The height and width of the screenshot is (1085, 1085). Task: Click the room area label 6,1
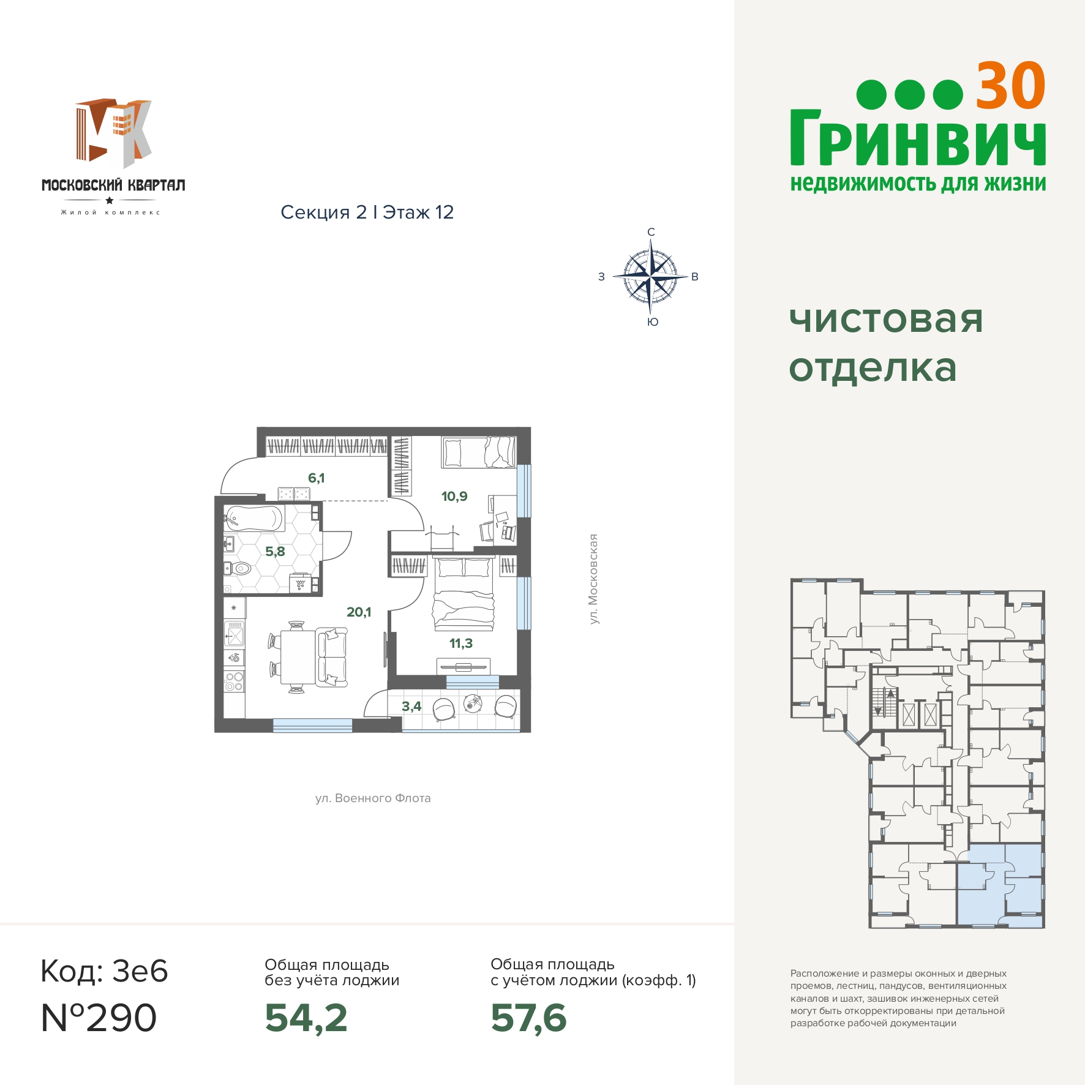click(x=316, y=478)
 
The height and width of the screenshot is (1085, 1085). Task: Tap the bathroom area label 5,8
click(x=275, y=551)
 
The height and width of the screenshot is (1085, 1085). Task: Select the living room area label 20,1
click(x=359, y=612)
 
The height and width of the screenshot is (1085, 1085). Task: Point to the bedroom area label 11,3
click(x=461, y=643)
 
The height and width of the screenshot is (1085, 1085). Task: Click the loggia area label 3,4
click(x=411, y=706)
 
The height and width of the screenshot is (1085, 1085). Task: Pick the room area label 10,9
click(x=454, y=496)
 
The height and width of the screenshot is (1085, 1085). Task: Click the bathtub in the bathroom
click(x=254, y=518)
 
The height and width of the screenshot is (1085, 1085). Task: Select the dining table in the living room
click(x=298, y=657)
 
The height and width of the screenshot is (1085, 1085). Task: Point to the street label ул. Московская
click(x=593, y=579)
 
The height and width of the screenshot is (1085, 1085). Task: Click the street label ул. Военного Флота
click(x=373, y=798)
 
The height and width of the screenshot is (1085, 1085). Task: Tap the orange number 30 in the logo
click(x=1010, y=86)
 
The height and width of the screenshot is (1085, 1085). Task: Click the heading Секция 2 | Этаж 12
click(x=367, y=212)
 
